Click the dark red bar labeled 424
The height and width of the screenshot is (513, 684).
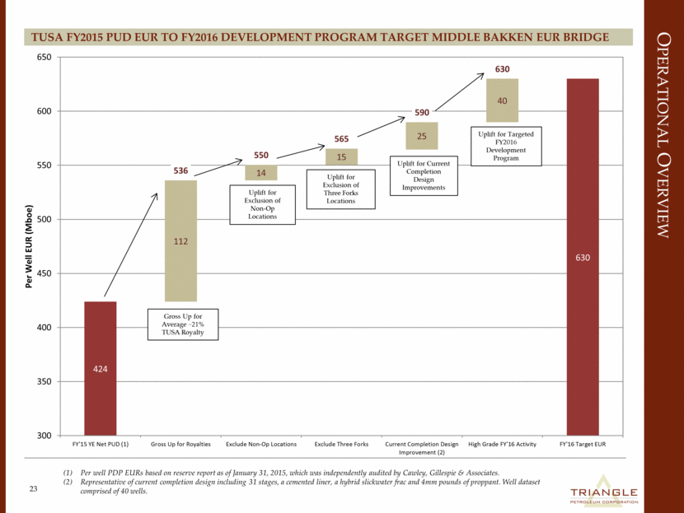(100, 368)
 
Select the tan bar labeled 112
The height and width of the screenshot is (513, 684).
(180, 240)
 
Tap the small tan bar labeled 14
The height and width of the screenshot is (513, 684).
(260, 173)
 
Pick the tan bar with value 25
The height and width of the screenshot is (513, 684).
(421, 136)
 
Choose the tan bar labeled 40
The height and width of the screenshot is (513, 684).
(502, 100)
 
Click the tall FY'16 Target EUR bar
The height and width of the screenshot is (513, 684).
(582, 257)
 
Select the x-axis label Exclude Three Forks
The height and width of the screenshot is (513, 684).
(341, 445)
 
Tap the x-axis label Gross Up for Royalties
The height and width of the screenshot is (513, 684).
(180, 445)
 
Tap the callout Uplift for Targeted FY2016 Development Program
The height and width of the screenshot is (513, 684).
(501, 145)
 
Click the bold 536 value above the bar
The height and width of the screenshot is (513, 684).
(180, 170)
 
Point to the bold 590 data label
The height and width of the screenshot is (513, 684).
(421, 112)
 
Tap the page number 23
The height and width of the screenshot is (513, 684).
(34, 489)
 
